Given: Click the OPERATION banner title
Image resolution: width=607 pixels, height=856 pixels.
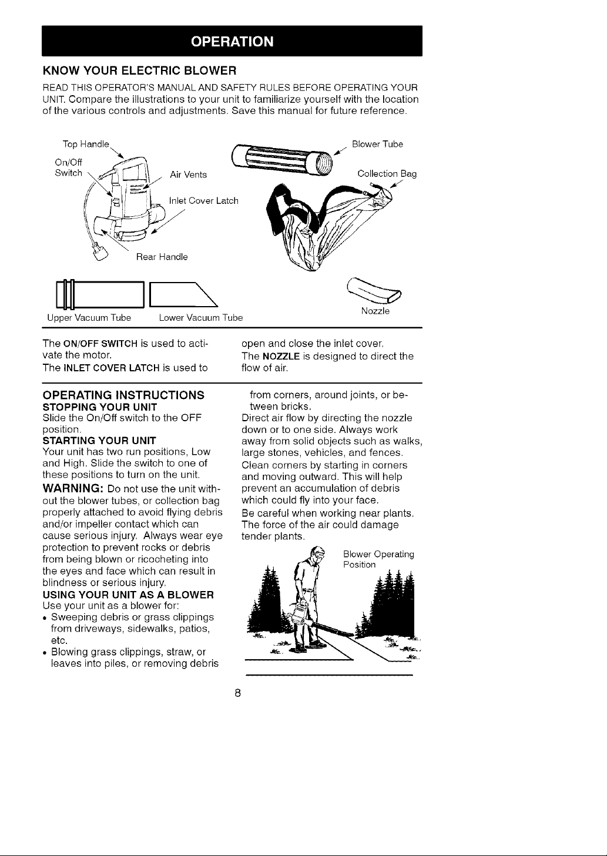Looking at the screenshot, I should click(x=232, y=41).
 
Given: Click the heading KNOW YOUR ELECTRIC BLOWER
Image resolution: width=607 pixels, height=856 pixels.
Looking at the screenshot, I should click(x=139, y=71).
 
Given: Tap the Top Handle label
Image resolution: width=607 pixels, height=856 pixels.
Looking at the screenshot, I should click(x=86, y=145).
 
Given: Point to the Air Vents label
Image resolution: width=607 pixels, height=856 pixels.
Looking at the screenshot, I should click(x=188, y=174).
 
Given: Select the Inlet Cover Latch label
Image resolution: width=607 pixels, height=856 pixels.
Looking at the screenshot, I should click(x=203, y=201).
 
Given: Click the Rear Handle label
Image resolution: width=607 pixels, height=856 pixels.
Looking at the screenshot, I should click(x=162, y=257).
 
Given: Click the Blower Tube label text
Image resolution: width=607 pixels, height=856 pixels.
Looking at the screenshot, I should click(x=377, y=144).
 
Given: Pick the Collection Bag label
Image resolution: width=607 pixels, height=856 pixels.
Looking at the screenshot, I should click(x=387, y=174).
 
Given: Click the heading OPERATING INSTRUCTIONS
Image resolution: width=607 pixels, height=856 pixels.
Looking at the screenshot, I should click(x=123, y=395).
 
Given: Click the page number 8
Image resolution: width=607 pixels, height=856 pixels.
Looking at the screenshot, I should click(x=237, y=693).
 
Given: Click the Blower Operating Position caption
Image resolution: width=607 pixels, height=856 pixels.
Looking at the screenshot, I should click(x=378, y=559).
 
